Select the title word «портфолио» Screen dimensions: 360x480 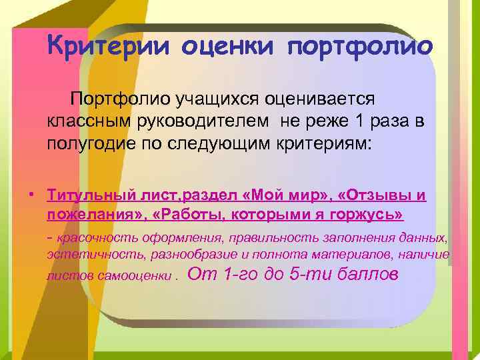click(x=360, y=47)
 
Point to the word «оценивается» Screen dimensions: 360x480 click(x=320, y=99)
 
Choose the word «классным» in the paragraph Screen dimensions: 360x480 click(x=83, y=121)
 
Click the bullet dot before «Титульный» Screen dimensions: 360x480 click(x=31, y=194)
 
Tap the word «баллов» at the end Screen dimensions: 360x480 click(x=366, y=273)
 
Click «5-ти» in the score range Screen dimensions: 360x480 click(x=309, y=273)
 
